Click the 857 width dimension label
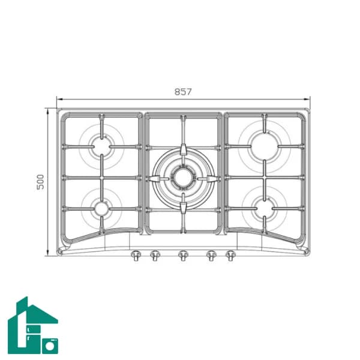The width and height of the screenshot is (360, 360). coord(183,92)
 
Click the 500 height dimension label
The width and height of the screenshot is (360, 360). coord(40,182)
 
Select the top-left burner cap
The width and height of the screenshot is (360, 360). coord(101,147)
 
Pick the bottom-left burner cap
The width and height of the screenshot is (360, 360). coord(101,208)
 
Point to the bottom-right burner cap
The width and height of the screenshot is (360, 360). coord(265,208)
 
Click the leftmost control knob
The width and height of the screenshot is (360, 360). coord(136,256)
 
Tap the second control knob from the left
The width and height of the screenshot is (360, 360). coord(155,256)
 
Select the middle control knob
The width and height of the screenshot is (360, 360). coord(183,256)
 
